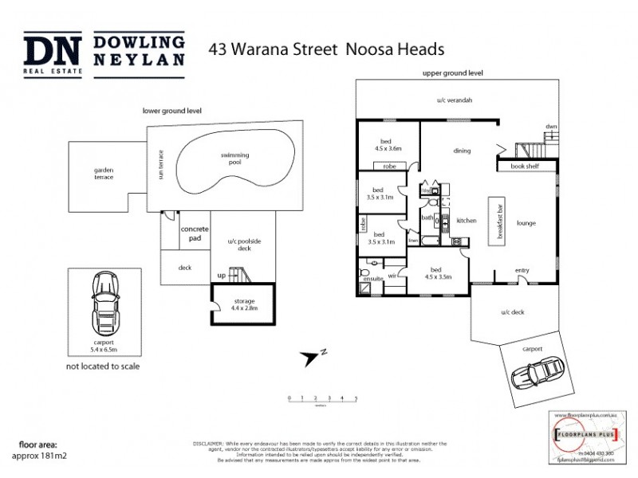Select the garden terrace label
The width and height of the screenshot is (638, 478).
tap(104, 173)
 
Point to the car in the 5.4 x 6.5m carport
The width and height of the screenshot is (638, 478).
tap(104, 299)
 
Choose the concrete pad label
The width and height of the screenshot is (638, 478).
tap(194, 233)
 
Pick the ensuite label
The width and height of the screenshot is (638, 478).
tap(372, 279)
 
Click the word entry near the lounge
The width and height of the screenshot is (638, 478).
tap(522, 271)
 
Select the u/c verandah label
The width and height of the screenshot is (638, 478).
tap(455, 101)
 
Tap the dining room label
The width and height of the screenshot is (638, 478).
tap(462, 151)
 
